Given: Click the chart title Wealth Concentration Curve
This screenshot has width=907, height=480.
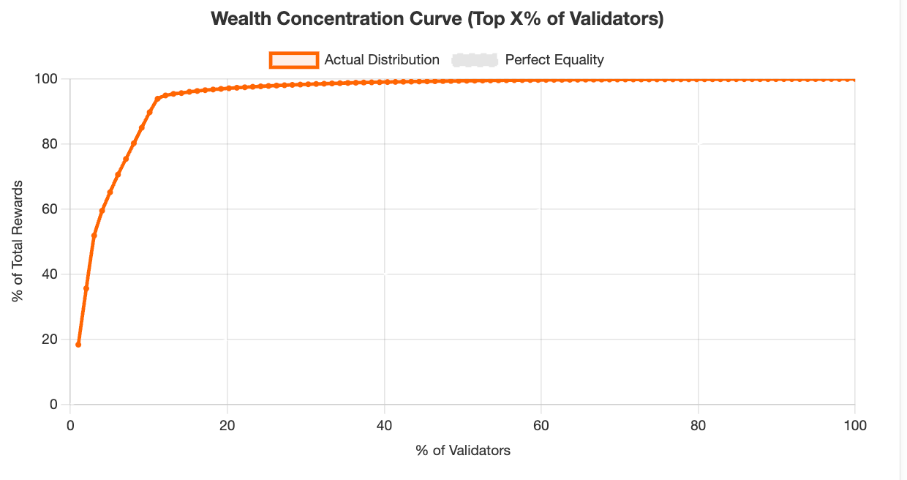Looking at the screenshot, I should [x=437, y=19].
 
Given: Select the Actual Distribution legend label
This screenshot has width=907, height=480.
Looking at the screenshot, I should [x=382, y=60].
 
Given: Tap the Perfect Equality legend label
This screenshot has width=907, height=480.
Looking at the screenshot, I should [x=554, y=60].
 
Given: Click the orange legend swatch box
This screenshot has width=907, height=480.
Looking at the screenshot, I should [x=293, y=60].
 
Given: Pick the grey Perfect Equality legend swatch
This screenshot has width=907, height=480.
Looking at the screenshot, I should [x=475, y=60].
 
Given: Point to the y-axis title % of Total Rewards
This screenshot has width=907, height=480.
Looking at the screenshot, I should [x=17, y=241].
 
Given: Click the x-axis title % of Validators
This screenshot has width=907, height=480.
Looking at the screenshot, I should [x=463, y=451].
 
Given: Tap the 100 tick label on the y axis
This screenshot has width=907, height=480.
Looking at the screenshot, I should [x=48, y=79].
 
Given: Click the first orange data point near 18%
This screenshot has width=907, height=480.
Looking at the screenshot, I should [x=78, y=344].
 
